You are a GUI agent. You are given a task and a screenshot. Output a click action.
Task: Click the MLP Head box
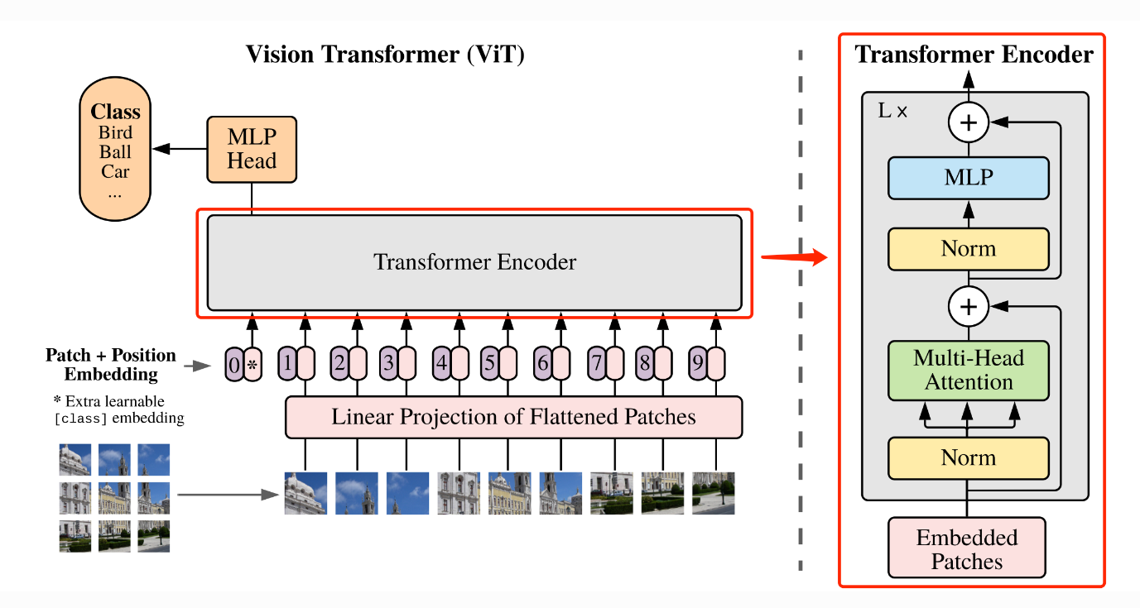click(251, 149)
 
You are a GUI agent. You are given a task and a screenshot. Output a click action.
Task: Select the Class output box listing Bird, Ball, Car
click(115, 151)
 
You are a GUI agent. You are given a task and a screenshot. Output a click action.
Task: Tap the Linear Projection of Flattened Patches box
click(513, 417)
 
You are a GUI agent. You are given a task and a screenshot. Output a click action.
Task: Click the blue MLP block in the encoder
click(968, 177)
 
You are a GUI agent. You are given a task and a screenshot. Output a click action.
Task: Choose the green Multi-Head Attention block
click(968, 370)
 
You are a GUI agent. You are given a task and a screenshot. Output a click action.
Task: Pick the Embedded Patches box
click(966, 550)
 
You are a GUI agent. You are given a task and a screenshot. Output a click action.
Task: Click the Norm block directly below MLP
click(968, 249)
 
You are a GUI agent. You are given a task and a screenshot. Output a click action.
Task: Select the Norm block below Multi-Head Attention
click(968, 458)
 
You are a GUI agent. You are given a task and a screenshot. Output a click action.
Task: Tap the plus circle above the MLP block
click(968, 123)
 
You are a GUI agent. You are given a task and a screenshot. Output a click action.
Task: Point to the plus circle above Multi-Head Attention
click(968, 308)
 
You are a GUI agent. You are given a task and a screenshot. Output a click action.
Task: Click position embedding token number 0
click(234, 364)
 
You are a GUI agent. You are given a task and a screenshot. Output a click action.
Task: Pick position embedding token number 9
click(698, 362)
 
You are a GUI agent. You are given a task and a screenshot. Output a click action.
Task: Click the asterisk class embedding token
click(253, 364)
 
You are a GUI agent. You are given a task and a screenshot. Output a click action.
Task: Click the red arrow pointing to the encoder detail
click(794, 256)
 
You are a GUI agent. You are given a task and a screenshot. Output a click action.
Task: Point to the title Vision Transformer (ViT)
click(385, 55)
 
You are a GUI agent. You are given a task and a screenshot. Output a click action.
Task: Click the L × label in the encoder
click(892, 110)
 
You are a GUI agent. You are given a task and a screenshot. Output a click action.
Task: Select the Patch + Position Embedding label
click(111, 364)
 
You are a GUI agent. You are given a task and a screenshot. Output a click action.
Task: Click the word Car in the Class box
click(115, 172)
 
